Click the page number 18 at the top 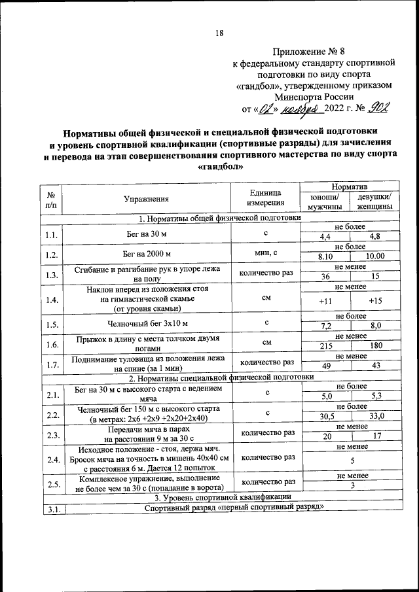220,34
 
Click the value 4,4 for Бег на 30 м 325,236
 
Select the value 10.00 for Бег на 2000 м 375,256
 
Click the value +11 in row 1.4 325,301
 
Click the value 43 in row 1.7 375,366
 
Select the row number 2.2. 52,414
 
